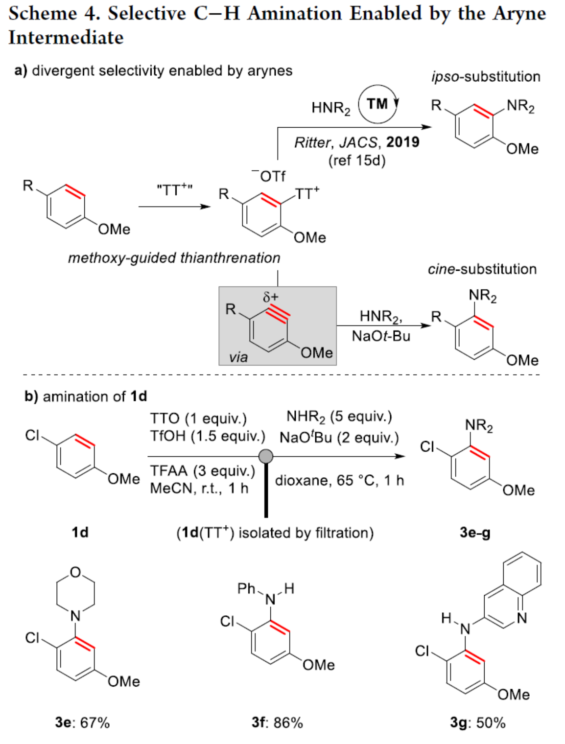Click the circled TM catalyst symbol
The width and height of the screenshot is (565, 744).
point(377,104)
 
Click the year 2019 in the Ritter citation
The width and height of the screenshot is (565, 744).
point(402,142)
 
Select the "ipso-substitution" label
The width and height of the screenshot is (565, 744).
point(486,77)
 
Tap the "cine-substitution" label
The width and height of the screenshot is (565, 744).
point(482,269)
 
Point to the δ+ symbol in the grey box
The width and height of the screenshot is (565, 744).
point(271,297)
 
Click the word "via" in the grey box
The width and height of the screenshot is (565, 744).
point(238,357)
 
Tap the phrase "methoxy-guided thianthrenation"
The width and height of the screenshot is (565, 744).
point(174,258)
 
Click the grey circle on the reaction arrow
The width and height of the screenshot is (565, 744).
point(265,456)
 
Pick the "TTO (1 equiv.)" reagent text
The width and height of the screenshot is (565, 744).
point(198,418)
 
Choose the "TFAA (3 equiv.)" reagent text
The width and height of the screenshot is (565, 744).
point(202,471)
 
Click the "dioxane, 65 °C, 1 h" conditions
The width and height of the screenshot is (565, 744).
point(339,480)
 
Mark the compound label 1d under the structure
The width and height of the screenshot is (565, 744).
point(80,532)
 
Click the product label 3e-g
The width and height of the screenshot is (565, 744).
point(474,532)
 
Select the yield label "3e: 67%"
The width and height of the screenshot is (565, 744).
point(82,722)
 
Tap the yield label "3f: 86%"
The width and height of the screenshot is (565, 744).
point(277,722)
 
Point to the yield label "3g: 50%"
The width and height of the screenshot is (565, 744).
point(477,722)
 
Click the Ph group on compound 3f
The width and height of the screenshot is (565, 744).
point(246,588)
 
